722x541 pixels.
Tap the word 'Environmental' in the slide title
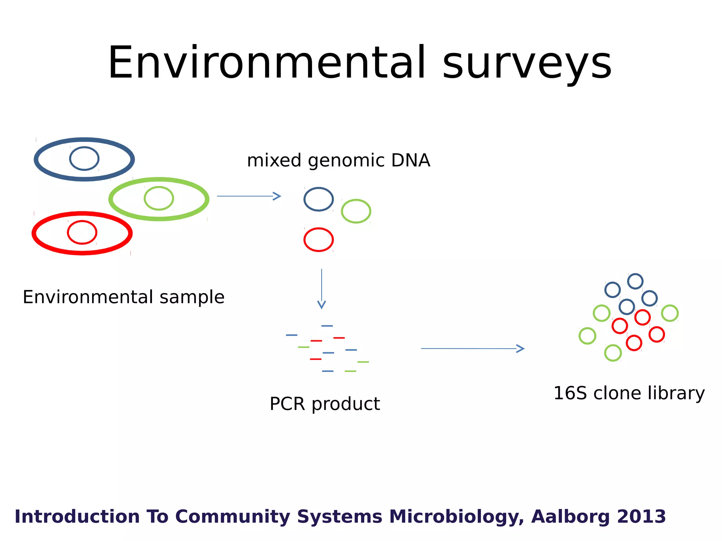(x=267, y=63)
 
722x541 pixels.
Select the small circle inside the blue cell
(x=84, y=158)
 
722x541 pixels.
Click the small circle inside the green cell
(x=159, y=198)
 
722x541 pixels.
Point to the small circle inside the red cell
(x=82, y=232)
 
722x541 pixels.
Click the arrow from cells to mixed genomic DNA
(x=249, y=196)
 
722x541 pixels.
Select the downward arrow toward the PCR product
(x=322, y=289)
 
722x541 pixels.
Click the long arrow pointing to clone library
(x=472, y=349)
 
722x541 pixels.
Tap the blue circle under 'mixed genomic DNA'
(x=319, y=199)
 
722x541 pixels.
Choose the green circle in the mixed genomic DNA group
(x=356, y=211)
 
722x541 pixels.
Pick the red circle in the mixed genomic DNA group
(x=319, y=240)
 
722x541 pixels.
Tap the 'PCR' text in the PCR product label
(x=287, y=404)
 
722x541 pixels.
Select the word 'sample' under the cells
(x=192, y=297)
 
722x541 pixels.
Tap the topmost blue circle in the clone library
(x=635, y=281)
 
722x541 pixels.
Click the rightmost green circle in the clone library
(x=670, y=313)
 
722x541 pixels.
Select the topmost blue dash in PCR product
(x=327, y=326)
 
